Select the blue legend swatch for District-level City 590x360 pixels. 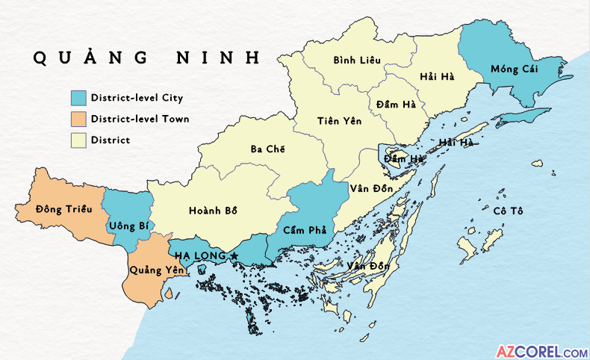pos(78,98)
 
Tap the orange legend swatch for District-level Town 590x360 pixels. pos(78,119)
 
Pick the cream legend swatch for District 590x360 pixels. pos(78,140)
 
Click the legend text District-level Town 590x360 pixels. pos(140,119)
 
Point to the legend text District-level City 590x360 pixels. pos(137,98)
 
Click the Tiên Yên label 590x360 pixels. pos(337,121)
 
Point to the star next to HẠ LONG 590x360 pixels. pos(235,256)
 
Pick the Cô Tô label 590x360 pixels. pos(508,211)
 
